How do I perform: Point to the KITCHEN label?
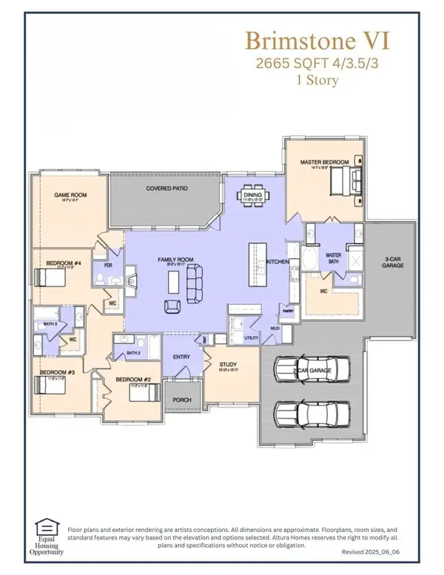(277, 262)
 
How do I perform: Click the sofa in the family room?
(196, 285)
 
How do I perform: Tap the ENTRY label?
(181, 357)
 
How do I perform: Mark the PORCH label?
(181, 400)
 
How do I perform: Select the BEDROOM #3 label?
(51, 372)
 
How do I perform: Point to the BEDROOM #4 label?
(60, 263)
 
